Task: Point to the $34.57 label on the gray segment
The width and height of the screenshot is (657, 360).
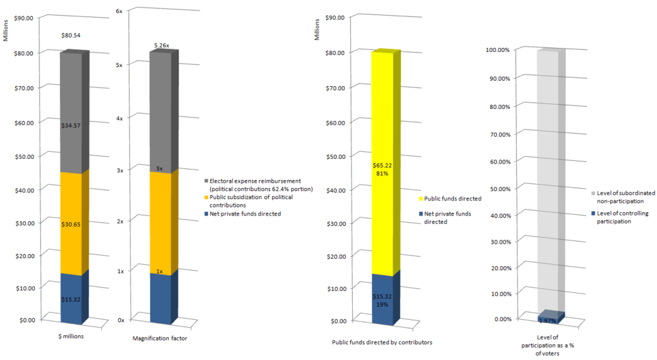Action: tap(70, 125)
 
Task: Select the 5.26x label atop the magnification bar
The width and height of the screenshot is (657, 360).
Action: tap(162, 45)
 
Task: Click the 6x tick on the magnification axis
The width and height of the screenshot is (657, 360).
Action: tap(120, 12)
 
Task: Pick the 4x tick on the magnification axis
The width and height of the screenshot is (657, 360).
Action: tap(120, 117)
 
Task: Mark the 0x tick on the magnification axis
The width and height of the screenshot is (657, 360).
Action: tap(120, 320)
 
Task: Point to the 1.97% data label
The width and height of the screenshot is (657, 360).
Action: tap(547, 321)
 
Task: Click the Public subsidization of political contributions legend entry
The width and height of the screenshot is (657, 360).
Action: tap(250, 201)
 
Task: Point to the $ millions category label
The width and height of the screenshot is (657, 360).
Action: tap(71, 336)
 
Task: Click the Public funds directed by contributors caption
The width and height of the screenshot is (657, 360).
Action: tap(382, 342)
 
